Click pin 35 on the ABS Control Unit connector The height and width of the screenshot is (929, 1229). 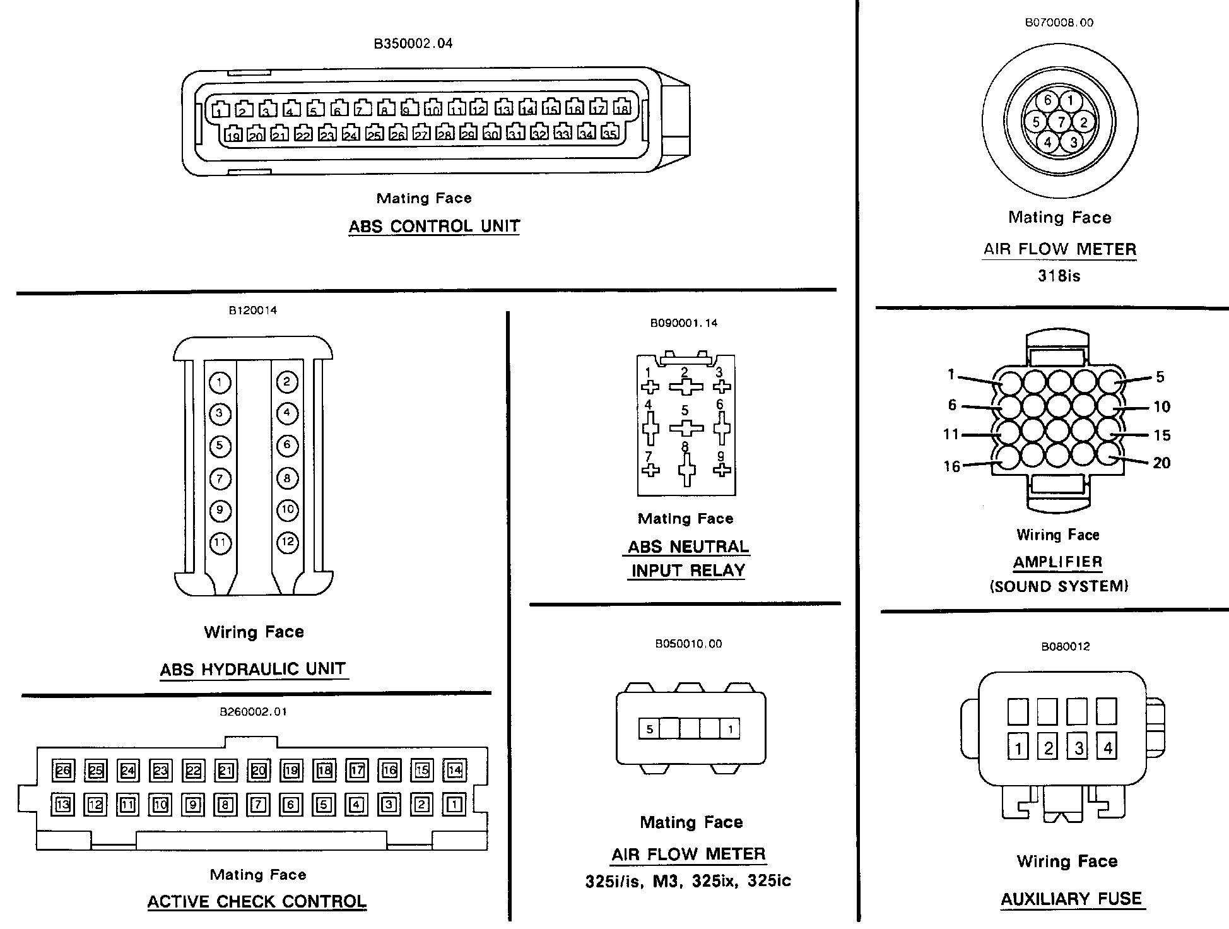609,133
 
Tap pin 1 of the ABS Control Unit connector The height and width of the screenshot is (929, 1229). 220,110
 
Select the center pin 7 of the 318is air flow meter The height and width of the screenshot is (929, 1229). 1061,122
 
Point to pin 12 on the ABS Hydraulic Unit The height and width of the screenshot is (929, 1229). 287,542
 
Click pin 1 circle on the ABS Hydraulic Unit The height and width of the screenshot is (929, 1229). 220,382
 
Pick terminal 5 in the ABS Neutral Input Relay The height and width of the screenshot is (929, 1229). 686,428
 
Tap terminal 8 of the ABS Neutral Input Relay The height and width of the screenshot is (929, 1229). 686,470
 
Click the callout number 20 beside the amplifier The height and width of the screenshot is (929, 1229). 1161,463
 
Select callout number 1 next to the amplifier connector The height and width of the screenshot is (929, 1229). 951,375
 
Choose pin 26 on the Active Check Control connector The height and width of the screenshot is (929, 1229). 63,771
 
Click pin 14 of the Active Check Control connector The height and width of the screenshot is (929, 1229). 455,770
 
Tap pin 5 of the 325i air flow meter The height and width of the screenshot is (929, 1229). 649,730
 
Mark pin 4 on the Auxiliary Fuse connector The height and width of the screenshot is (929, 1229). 1107,749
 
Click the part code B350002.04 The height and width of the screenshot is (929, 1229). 413,44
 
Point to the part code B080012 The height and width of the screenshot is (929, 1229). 1066,647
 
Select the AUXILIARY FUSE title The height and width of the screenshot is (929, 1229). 1071,899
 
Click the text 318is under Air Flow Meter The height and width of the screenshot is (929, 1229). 1059,276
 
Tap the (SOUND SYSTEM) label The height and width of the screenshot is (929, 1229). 1059,586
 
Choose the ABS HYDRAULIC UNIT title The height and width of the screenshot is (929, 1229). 254,669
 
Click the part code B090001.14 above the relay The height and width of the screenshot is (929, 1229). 684,323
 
